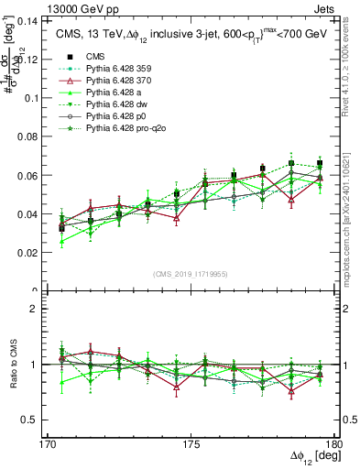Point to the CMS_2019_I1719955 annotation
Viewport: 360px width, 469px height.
coord(191,273)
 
